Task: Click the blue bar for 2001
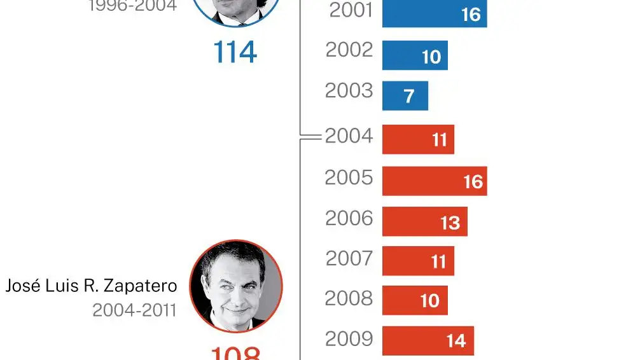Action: [x=434, y=14]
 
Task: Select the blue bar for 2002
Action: [x=415, y=55]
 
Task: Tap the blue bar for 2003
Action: [x=405, y=95]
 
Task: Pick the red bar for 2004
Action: [x=418, y=139]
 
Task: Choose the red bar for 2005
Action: [x=434, y=181]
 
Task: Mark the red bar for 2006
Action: [x=424, y=221]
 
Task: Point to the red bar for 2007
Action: [x=418, y=261]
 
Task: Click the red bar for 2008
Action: [x=415, y=300]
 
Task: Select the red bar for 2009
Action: [x=428, y=340]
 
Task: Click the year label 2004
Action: [x=349, y=136]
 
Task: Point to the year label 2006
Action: [x=349, y=218]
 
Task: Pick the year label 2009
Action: [x=349, y=339]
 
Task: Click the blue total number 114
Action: [x=235, y=53]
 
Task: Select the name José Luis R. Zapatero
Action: [x=91, y=286]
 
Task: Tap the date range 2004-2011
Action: [x=134, y=310]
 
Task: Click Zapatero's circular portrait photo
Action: [x=235, y=286]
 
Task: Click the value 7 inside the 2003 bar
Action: [x=409, y=96]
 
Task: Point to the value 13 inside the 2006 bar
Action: [x=450, y=223]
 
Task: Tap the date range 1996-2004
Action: [x=132, y=6]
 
